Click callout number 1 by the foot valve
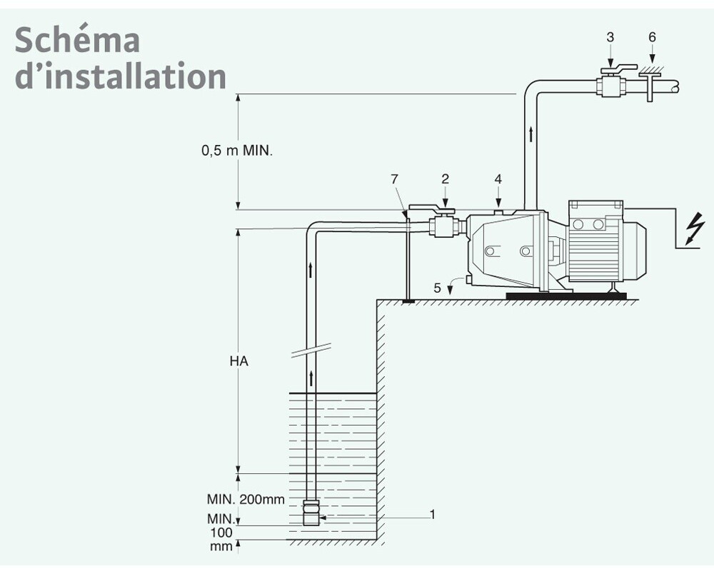pyautogui.click(x=433, y=514)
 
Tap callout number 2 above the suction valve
pyautogui.click(x=445, y=179)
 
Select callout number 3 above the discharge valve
pyautogui.click(x=610, y=37)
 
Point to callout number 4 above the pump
pyautogui.click(x=498, y=179)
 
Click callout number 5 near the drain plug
pyautogui.click(x=437, y=288)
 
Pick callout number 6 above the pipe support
pyautogui.click(x=652, y=37)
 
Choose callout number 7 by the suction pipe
pyautogui.click(x=394, y=179)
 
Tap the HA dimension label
pyautogui.click(x=238, y=361)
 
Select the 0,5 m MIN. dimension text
pyautogui.click(x=237, y=150)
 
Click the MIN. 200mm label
pyautogui.click(x=246, y=499)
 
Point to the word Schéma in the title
pyautogui.click(x=77, y=39)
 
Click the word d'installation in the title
pyautogui.click(x=121, y=75)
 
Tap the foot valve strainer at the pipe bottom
pyautogui.click(x=311, y=513)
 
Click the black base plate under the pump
pyautogui.click(x=566, y=296)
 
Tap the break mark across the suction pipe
pyautogui.click(x=311, y=350)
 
